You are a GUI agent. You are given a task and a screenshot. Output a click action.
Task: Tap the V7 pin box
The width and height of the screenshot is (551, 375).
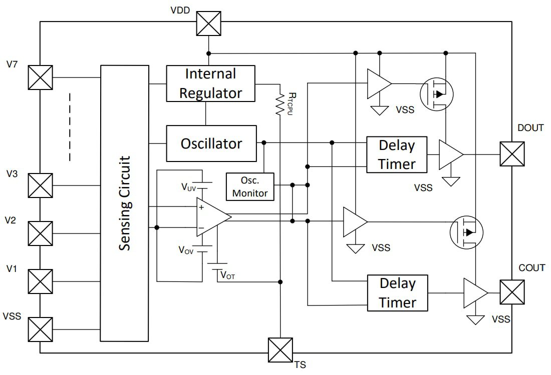(x=40, y=77)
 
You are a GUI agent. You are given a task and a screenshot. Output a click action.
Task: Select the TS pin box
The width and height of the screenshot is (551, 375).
(x=280, y=350)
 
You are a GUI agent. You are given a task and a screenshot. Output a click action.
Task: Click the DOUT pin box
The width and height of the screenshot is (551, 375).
(x=512, y=154)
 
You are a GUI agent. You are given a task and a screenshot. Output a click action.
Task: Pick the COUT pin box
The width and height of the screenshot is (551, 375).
(x=512, y=292)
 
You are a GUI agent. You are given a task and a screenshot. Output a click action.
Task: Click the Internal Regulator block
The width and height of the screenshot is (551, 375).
(x=210, y=83)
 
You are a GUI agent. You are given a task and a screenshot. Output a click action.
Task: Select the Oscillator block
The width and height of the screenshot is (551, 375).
(x=210, y=143)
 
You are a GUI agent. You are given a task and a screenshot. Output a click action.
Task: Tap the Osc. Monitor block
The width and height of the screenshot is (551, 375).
(x=250, y=187)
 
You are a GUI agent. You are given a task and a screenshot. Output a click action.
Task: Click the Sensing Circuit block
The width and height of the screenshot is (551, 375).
(x=125, y=203)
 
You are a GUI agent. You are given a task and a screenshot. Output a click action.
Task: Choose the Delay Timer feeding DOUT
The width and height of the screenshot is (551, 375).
(x=397, y=154)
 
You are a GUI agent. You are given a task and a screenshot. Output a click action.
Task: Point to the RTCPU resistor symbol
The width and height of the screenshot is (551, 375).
(x=280, y=105)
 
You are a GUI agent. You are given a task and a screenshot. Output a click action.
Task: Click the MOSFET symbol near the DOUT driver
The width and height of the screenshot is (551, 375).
(x=436, y=93)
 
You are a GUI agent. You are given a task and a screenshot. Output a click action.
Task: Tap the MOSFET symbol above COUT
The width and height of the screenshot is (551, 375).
(x=466, y=232)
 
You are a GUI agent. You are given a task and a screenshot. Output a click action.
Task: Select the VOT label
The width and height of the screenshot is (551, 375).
(x=227, y=275)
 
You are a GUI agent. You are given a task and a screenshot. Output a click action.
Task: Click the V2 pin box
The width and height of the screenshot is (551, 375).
(x=40, y=233)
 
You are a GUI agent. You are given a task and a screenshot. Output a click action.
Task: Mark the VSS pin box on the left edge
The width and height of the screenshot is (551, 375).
(x=40, y=329)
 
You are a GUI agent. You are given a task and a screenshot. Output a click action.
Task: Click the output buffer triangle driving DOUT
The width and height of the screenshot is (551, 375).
(x=450, y=154)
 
